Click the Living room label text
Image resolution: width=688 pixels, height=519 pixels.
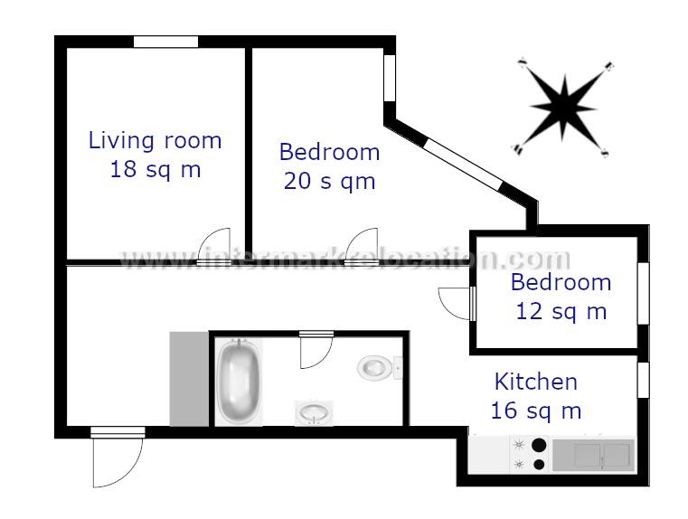click(155, 140)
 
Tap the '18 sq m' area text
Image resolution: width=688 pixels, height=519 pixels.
click(155, 168)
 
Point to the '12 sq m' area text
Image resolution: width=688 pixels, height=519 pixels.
click(561, 311)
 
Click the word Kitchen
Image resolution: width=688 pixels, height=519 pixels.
click(535, 382)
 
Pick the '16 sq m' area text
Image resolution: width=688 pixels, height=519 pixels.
click(535, 410)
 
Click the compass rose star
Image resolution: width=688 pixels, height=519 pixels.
click(563, 106)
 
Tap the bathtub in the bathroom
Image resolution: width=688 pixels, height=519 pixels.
click(240, 381)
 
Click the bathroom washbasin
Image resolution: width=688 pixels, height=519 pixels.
click(314, 413)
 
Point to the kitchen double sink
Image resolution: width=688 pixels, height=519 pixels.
click(591, 454)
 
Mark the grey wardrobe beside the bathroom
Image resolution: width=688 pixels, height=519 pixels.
click(189, 378)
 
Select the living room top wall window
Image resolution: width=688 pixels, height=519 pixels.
click(165, 42)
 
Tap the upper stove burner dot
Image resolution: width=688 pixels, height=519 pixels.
click(539, 445)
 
